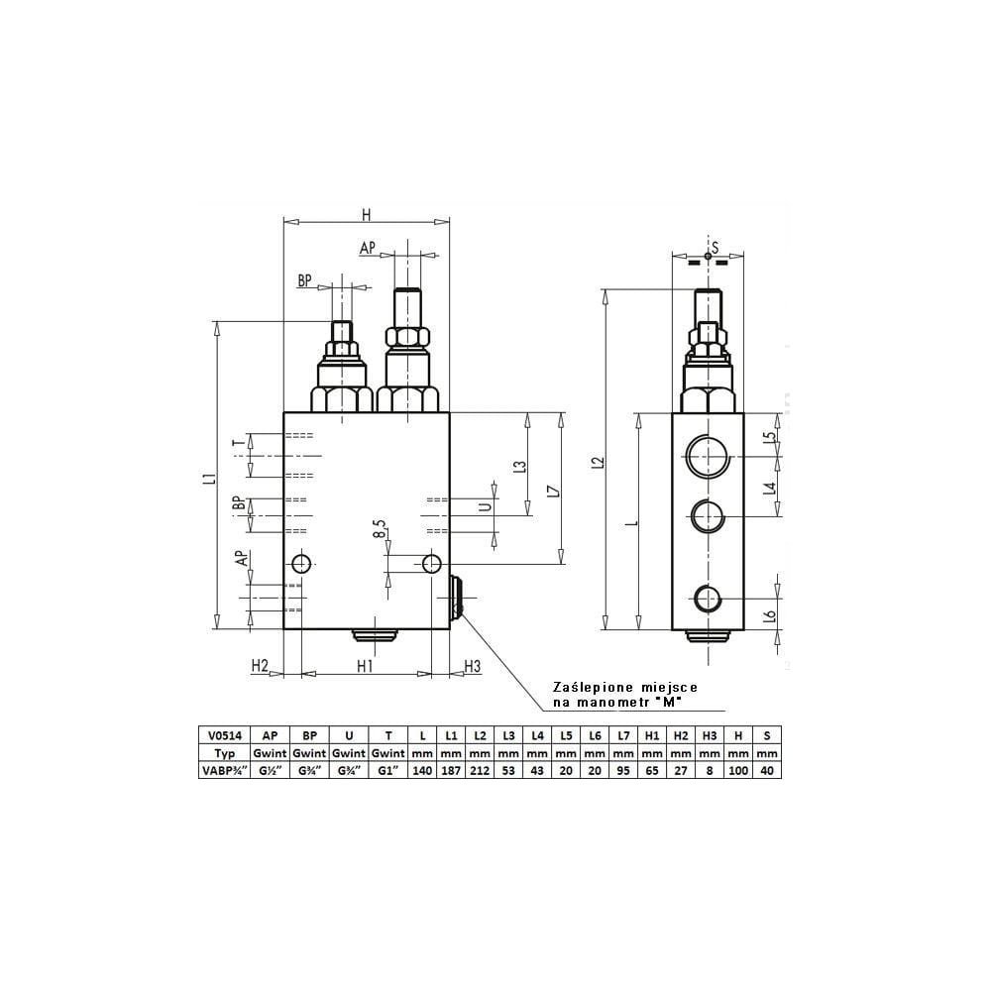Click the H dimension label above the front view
pos(366,215)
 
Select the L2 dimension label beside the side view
pos(599,463)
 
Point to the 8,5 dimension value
pos(379,529)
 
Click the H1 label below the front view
pos(365,666)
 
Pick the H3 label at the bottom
pos(472,666)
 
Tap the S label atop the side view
pos(715,247)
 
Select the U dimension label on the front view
pos(486,506)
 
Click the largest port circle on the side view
pos(709,456)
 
